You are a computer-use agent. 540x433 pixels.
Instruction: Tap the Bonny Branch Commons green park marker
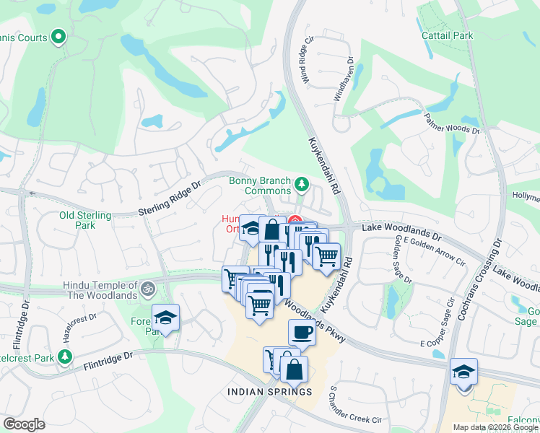coord(302,186)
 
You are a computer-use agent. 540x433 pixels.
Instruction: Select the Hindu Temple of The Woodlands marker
coord(147,287)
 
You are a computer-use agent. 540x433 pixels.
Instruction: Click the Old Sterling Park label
coord(85,220)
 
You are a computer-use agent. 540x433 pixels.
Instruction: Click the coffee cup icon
coord(302,333)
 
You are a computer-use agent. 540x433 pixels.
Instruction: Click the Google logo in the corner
coord(24,424)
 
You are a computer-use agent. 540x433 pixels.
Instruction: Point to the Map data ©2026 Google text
coord(495,427)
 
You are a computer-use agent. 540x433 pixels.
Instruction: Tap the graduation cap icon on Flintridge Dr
coord(165,318)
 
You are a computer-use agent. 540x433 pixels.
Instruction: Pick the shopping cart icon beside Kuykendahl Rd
coord(326,255)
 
